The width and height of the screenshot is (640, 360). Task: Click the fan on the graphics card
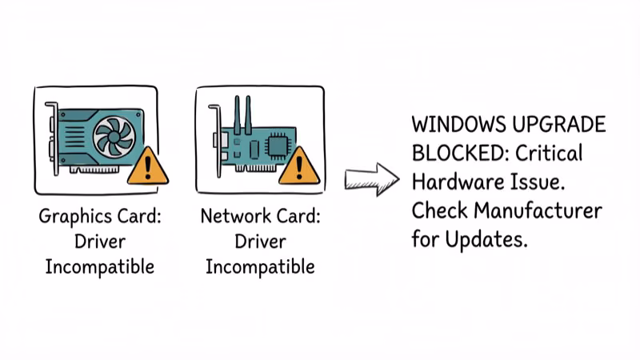point(113,135)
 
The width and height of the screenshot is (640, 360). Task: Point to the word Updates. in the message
point(487,239)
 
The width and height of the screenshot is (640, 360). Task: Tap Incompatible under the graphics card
point(99,266)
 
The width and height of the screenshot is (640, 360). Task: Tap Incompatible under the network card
point(260,266)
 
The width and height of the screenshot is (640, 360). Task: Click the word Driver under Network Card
point(260,241)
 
